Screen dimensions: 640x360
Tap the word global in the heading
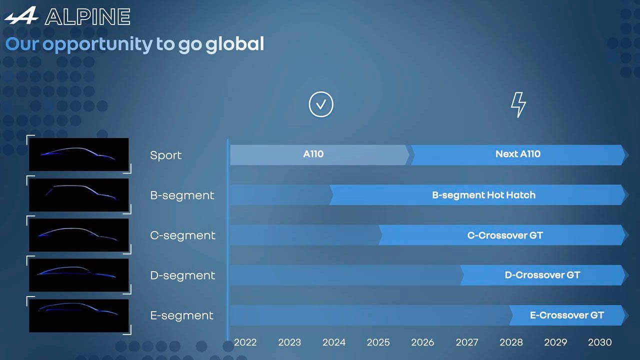(234, 44)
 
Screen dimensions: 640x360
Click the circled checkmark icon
(321, 104)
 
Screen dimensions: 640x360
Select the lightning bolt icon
(518, 104)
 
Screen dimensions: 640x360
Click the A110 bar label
(313, 154)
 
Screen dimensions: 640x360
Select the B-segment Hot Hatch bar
(479, 195)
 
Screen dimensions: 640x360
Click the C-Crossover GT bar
(503, 235)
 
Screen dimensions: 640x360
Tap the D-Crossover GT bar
(544, 275)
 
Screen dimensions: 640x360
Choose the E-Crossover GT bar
(568, 315)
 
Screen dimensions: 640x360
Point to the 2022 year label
(245, 342)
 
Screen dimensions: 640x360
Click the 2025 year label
(378, 342)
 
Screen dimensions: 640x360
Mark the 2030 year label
(599, 342)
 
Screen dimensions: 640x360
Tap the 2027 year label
(467, 342)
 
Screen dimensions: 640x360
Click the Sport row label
(165, 155)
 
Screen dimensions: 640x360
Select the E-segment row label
(181, 315)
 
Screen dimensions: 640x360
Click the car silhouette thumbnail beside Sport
(79, 154)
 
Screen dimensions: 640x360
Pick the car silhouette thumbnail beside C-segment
(79, 235)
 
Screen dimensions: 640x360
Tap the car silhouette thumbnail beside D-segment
(79, 275)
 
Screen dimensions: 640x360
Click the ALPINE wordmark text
(87, 16)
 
